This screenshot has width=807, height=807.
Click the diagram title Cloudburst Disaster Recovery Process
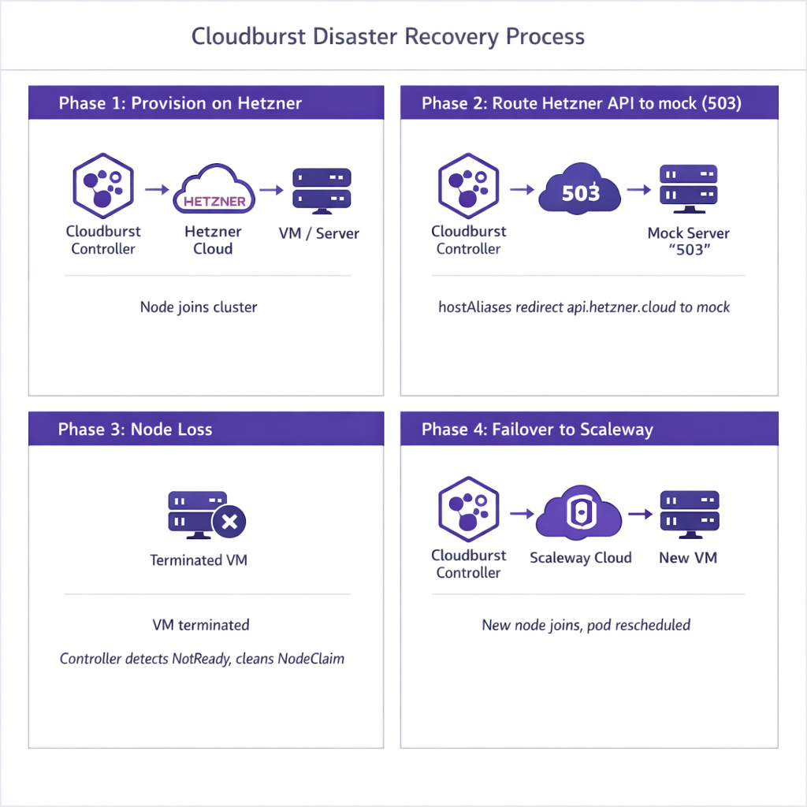pyautogui.click(x=389, y=36)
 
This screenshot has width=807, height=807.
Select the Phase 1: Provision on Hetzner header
pyautogui.click(x=180, y=103)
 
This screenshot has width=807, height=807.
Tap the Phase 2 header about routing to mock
pyautogui.click(x=582, y=103)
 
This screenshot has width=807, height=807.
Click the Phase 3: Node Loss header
pyautogui.click(x=135, y=429)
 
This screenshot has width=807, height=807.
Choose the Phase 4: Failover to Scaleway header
pyautogui.click(x=537, y=429)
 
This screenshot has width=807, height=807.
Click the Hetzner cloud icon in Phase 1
pyautogui.click(x=214, y=192)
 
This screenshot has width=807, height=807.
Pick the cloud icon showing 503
pyautogui.click(x=580, y=190)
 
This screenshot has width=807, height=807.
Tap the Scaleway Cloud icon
pyautogui.click(x=579, y=515)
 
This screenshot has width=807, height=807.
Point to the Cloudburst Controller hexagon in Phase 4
pyautogui.click(x=468, y=513)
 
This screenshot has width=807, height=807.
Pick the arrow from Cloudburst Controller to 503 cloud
pyautogui.click(x=521, y=190)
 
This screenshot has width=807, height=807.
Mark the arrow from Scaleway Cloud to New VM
pyautogui.click(x=641, y=515)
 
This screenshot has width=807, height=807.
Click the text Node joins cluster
pyautogui.click(x=199, y=307)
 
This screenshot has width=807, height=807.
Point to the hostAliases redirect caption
pyautogui.click(x=584, y=307)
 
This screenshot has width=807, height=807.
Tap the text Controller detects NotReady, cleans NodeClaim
pyautogui.click(x=202, y=658)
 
